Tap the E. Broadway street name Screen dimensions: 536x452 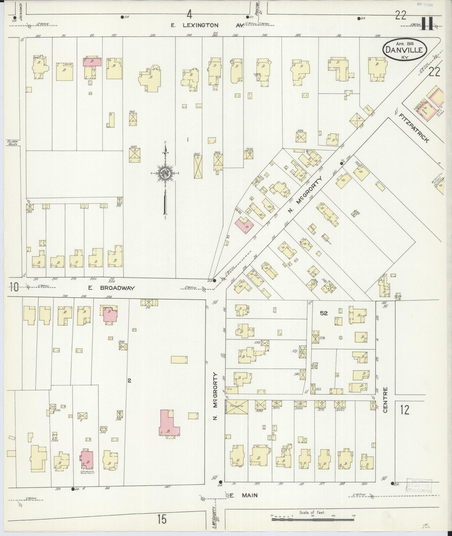(111, 288)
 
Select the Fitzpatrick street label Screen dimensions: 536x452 (414, 128)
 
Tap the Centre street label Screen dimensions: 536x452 (385, 400)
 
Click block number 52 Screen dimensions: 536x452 (323, 313)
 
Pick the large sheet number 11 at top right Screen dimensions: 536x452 (427, 23)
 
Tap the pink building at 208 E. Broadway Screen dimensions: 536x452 (109, 314)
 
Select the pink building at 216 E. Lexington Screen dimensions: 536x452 (92, 62)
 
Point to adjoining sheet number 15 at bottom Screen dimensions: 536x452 (162, 520)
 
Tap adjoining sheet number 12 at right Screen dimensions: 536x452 (404, 410)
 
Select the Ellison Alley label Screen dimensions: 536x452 (13, 142)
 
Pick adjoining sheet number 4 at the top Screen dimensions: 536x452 (189, 14)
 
